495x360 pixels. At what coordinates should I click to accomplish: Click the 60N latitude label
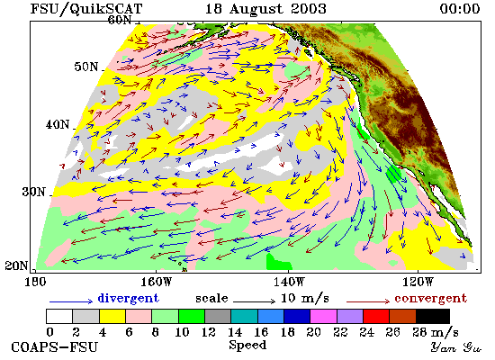tap(120, 20)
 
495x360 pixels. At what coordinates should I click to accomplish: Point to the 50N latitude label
tap(86, 67)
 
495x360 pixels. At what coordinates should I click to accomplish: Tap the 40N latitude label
tap(58, 125)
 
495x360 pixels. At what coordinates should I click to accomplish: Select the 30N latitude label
tap(34, 192)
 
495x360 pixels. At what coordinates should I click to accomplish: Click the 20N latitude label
tap(16, 265)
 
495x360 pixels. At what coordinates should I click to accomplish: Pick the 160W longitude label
tap(156, 282)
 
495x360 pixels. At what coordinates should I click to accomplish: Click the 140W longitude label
tap(289, 282)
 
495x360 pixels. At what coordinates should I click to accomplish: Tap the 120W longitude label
tap(418, 282)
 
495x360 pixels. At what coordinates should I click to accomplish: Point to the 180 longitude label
tap(35, 282)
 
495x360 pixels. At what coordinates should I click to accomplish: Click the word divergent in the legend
tap(129, 298)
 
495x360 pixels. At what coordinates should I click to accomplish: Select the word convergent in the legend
tap(430, 298)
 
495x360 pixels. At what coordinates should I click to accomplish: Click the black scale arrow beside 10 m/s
tap(255, 301)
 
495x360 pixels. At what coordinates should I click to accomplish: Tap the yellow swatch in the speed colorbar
tap(112, 317)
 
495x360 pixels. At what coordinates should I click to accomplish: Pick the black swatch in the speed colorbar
tap(433, 317)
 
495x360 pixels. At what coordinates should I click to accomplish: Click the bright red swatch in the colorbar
tap(376, 317)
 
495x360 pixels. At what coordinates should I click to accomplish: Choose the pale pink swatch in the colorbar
tap(139, 317)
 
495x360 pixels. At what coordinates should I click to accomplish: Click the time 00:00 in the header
tap(460, 8)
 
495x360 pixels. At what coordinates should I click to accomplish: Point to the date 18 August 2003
tap(265, 9)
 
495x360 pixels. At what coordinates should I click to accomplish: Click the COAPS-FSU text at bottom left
tap(54, 347)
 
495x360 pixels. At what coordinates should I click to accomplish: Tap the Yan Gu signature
tap(456, 347)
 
